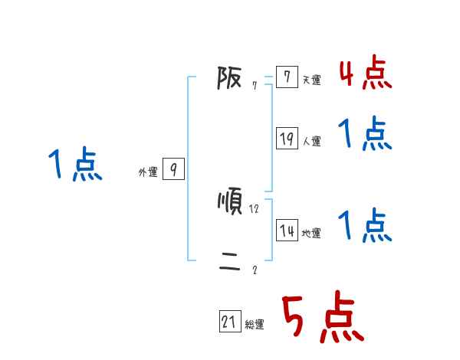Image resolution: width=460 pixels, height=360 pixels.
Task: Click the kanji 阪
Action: pyautogui.click(x=229, y=77)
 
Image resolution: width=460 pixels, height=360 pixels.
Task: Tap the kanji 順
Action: pyautogui.click(x=230, y=202)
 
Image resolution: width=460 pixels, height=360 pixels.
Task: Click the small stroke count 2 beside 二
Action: pyautogui.click(x=255, y=270)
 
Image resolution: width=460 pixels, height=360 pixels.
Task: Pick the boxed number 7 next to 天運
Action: pyautogui.click(x=287, y=77)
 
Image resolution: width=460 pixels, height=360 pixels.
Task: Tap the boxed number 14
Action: pyautogui.click(x=287, y=230)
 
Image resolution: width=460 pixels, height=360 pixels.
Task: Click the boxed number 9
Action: pyautogui.click(x=174, y=169)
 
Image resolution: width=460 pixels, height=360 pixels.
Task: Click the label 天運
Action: pyautogui.click(x=311, y=80)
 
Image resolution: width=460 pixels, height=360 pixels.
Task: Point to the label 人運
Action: pyautogui.click(x=311, y=142)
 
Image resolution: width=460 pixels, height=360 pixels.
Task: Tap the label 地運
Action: pyautogui.click(x=311, y=234)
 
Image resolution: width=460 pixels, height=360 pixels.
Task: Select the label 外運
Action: pyautogui.click(x=148, y=173)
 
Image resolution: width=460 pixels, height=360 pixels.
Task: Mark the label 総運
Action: pyautogui.click(x=255, y=326)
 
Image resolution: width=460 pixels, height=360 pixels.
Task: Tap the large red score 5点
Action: pyautogui.click(x=322, y=319)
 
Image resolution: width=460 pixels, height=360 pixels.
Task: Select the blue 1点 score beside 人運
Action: pyautogui.click(x=365, y=134)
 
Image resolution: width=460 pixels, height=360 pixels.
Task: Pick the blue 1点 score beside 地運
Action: pyautogui.click(x=365, y=225)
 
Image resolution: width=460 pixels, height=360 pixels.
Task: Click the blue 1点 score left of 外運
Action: pyautogui.click(x=75, y=165)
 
